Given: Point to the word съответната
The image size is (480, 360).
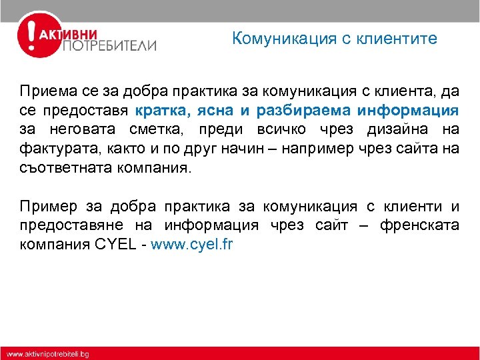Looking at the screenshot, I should point(59,167).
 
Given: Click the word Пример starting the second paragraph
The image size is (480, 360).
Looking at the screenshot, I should point(45,206).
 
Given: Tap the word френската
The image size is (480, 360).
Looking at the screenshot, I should point(419,225).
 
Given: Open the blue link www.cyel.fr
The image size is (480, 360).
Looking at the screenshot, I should point(192,245).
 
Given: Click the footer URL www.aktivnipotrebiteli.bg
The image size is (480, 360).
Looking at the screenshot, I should point(48,353).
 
